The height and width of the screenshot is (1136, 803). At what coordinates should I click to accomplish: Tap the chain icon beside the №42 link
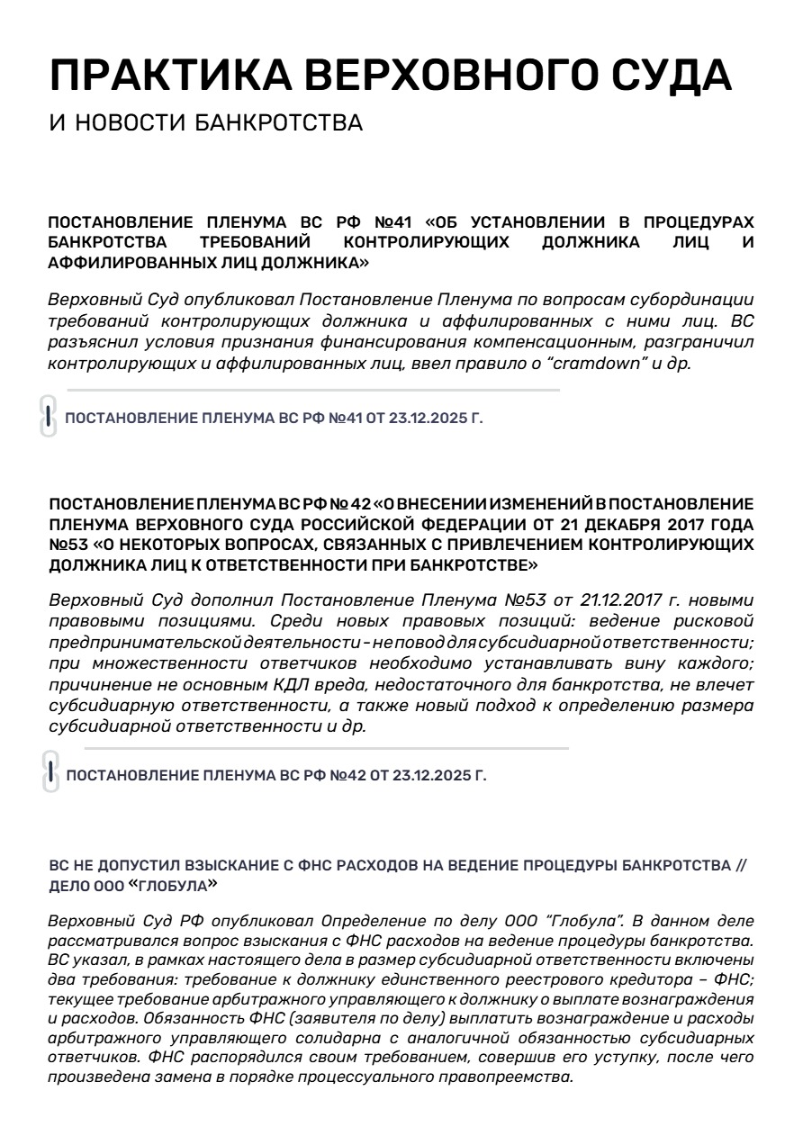point(50,772)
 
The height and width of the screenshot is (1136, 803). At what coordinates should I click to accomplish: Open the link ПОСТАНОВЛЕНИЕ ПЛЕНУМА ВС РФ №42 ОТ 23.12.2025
point(276,775)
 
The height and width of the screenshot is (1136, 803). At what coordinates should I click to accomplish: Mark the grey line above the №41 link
point(313,391)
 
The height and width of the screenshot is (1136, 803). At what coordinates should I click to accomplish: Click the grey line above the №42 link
point(326,748)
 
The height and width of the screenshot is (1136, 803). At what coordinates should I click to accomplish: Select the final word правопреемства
point(509,1077)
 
